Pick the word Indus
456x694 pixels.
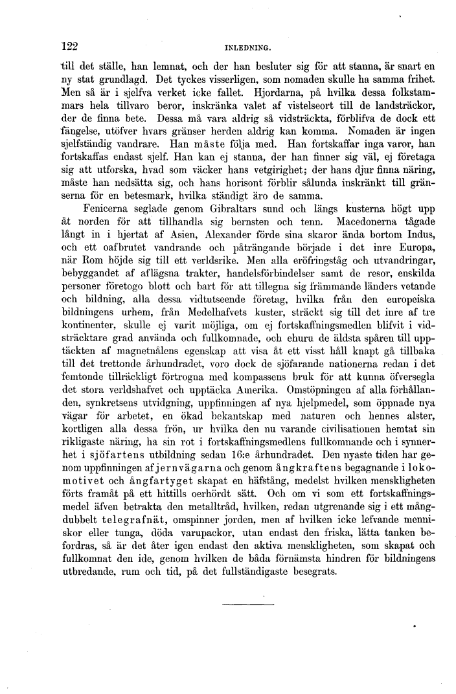420,234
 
